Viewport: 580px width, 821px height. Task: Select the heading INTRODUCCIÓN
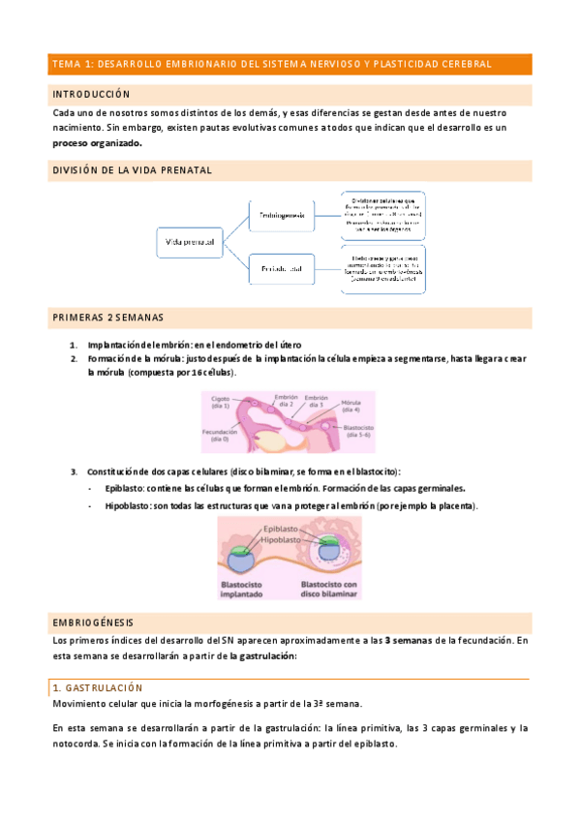[91, 95]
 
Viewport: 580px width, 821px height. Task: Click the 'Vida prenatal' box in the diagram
[190, 240]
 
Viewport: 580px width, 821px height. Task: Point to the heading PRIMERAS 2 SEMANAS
[108, 317]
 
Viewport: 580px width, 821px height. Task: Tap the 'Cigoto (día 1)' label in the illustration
[223, 401]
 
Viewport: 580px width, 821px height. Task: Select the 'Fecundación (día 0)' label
[222, 435]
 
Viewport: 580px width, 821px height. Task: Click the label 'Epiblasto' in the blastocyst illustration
[281, 530]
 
